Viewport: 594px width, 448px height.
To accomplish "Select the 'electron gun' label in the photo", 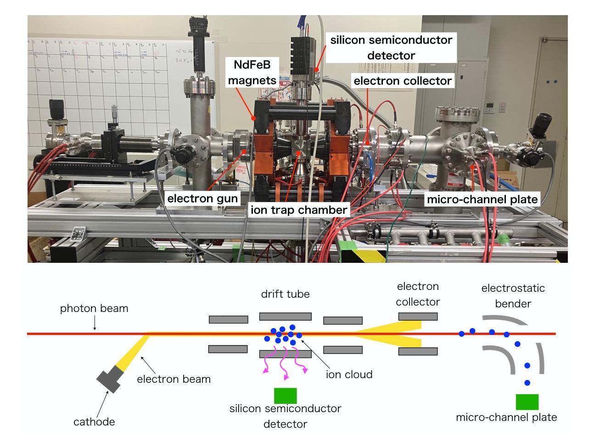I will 202,198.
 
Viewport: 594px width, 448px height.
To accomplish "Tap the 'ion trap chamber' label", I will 298,210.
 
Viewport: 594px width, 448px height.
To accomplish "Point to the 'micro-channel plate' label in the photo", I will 482,199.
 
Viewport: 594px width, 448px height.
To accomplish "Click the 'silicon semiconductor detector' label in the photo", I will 391,48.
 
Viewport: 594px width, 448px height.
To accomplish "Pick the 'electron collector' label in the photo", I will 403,81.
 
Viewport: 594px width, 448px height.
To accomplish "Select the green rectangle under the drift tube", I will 285,396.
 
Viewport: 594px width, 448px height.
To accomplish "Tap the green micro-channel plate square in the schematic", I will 527,402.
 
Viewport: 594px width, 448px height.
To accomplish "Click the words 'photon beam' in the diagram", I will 94,308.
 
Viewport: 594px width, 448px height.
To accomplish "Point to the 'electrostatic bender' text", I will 513,296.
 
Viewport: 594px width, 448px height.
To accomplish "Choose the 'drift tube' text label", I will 285,294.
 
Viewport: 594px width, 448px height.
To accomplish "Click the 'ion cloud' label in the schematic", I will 349,374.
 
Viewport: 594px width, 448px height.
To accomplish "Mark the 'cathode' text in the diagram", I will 94,422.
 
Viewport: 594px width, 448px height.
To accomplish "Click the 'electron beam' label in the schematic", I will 174,379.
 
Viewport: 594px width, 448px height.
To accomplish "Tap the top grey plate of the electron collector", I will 418,316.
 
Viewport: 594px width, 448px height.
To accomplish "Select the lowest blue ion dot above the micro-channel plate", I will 527,382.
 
